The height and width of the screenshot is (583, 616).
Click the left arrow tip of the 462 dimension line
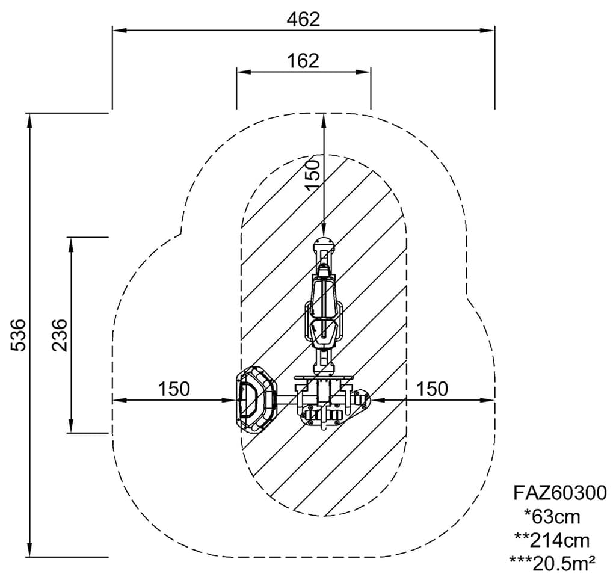click(113, 30)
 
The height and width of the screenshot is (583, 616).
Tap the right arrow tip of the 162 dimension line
click(371, 72)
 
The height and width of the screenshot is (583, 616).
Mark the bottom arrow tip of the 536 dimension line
click(29, 557)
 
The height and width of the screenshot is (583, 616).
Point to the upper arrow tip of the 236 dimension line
click(71, 238)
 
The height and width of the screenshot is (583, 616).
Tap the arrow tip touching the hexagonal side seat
click(236, 400)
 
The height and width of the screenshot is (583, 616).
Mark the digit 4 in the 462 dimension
click(293, 20)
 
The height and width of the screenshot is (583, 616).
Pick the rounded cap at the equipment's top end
click(323, 246)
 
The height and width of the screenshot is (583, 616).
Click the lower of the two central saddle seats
click(323, 333)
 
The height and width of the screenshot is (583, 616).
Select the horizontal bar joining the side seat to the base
click(287, 400)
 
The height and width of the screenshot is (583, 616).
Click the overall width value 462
click(303, 20)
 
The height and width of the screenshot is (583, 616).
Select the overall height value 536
click(19, 335)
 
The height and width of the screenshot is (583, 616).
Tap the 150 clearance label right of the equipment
click(432, 389)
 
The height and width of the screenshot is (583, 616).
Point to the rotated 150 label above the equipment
click(313, 175)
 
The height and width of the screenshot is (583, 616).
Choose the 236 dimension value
click(60, 335)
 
